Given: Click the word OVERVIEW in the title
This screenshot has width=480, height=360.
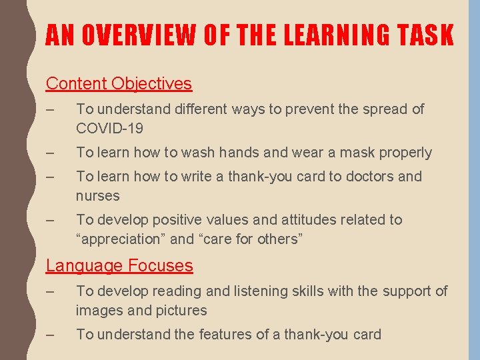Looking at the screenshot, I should click(x=126, y=35).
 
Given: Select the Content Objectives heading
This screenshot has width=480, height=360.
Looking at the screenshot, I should click(x=119, y=84).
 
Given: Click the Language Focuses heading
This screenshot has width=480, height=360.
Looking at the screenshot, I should click(x=119, y=266).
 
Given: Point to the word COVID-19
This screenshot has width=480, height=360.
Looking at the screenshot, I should click(x=109, y=128).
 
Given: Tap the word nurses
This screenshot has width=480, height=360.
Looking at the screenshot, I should click(x=97, y=196).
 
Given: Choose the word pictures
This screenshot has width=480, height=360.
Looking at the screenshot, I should click(x=181, y=311).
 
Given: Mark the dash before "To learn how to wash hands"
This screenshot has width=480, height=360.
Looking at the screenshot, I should click(x=50, y=153).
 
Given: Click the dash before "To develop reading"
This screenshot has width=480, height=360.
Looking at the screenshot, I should click(x=50, y=291).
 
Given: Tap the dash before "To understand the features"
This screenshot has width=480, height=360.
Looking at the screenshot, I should click(x=50, y=335).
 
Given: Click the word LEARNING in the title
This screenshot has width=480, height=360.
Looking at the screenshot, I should click(x=313, y=35).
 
